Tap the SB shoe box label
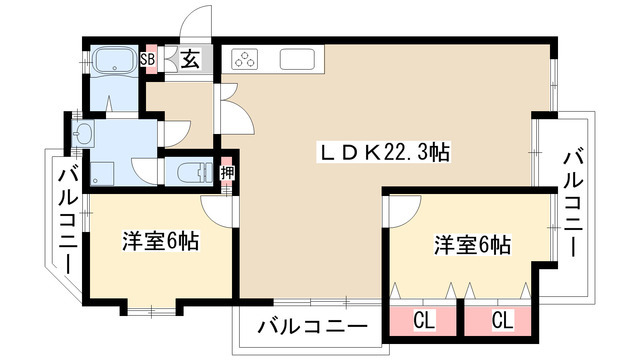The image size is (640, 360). click(x=149, y=59)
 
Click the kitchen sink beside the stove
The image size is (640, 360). click(x=299, y=59)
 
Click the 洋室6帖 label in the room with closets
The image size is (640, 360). click(x=473, y=243)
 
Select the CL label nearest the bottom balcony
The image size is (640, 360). click(x=423, y=321)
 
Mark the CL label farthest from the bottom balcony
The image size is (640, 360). click(x=502, y=321)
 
